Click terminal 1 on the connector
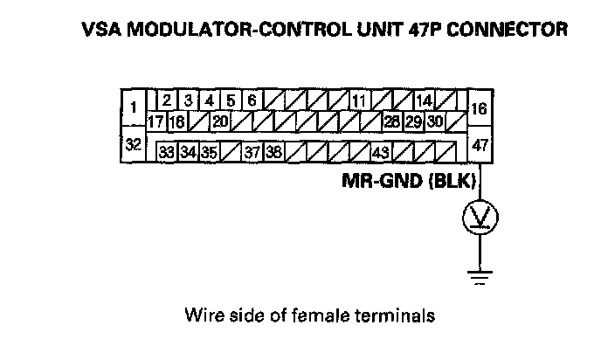133,107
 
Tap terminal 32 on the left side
133,144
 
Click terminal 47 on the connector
480,145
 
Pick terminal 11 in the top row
358,100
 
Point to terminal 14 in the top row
424,100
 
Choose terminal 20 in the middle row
220,121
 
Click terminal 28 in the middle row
392,121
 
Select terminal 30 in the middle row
434,121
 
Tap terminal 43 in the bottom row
380,151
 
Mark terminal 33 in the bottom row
167,151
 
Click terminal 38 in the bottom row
273,151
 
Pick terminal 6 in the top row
251,100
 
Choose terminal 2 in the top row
166,100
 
